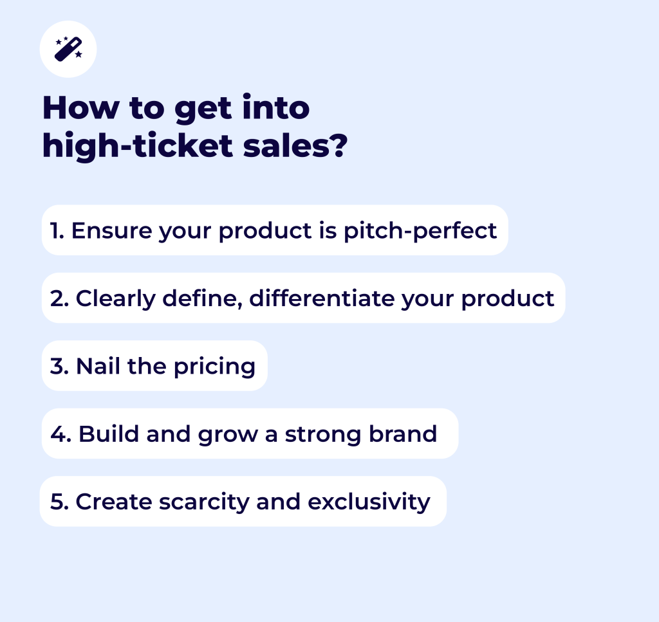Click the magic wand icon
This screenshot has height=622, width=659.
click(x=68, y=49)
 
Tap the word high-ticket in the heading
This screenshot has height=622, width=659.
click(x=138, y=146)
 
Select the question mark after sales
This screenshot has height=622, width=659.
click(x=339, y=146)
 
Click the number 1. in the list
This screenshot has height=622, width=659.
click(x=57, y=230)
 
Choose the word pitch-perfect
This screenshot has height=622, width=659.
click(x=420, y=231)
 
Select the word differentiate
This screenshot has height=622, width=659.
click(x=322, y=298)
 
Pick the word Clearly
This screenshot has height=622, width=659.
click(x=116, y=299)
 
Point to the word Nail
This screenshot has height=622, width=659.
click(x=98, y=365)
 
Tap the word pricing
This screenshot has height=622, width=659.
click(x=215, y=367)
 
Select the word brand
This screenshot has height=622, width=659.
click(x=403, y=434)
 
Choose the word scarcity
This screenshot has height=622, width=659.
click(x=204, y=502)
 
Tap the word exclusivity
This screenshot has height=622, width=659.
click(x=369, y=502)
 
